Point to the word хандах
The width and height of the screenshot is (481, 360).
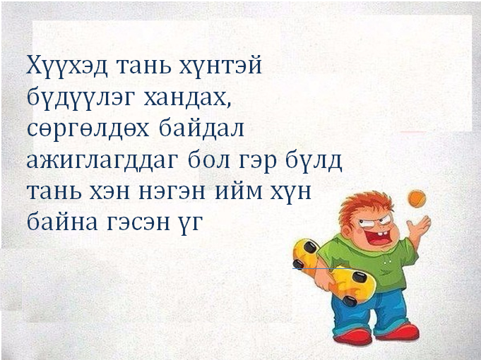tap(187, 97)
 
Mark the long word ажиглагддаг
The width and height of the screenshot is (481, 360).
tap(102, 161)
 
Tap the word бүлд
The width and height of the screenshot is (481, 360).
tap(314, 161)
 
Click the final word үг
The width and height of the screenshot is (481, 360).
tap(191, 224)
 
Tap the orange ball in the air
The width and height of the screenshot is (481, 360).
tap(417, 198)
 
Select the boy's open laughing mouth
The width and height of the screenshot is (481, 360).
tap(379, 236)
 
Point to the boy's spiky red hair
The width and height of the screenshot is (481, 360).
tap(366, 206)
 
